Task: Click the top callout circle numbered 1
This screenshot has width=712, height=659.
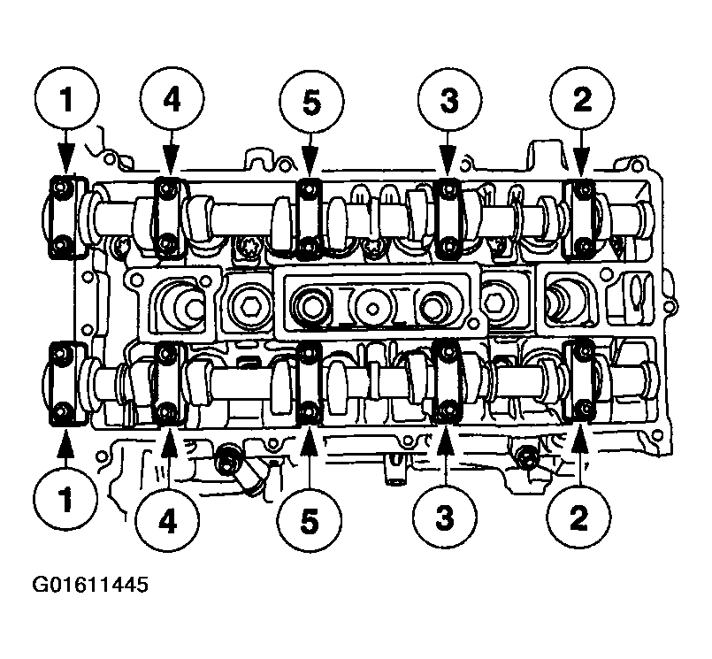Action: pyautogui.click(x=66, y=102)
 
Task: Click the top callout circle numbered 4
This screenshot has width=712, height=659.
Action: pyautogui.click(x=171, y=102)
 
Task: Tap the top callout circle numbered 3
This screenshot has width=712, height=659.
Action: pyautogui.click(x=447, y=102)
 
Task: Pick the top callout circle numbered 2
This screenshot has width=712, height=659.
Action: pyautogui.click(x=580, y=102)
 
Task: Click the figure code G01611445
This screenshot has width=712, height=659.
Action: pyautogui.click(x=92, y=585)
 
